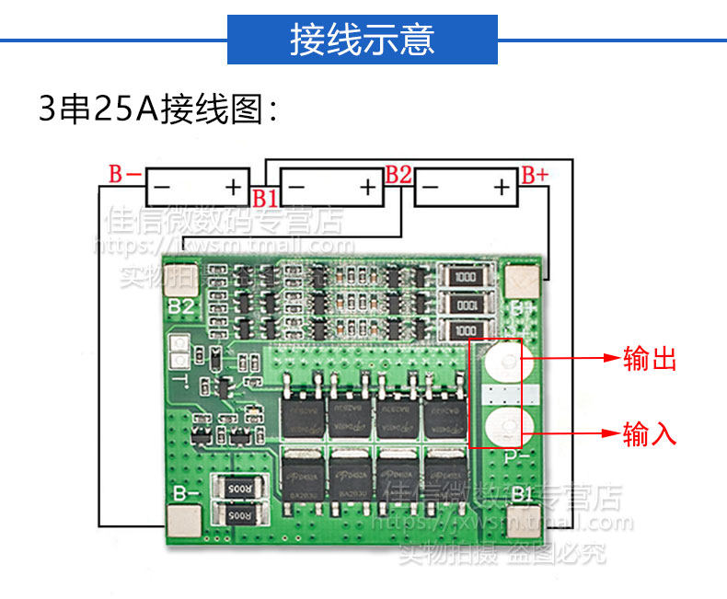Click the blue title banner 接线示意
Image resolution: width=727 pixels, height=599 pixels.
tap(363, 40)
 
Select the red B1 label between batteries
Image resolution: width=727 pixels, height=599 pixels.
tap(265, 198)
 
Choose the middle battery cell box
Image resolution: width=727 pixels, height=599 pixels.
tap(331, 188)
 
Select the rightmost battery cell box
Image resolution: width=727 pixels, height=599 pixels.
tap(467, 188)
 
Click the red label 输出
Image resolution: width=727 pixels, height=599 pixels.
tap(650, 359)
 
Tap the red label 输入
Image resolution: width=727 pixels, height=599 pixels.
tap(650, 432)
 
